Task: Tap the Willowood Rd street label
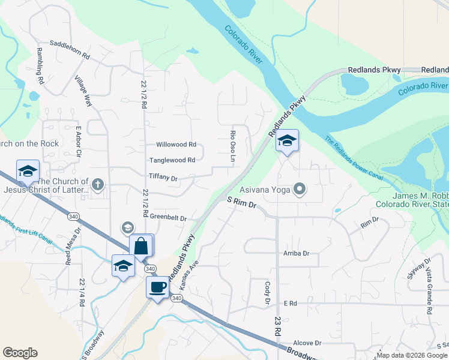click(176, 145)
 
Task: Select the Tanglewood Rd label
click(172, 160)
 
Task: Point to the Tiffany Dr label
click(163, 178)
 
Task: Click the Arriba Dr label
click(296, 253)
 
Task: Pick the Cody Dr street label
click(267, 292)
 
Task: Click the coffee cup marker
click(157, 287)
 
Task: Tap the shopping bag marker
click(141, 245)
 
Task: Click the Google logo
click(20, 353)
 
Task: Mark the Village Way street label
click(83, 91)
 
